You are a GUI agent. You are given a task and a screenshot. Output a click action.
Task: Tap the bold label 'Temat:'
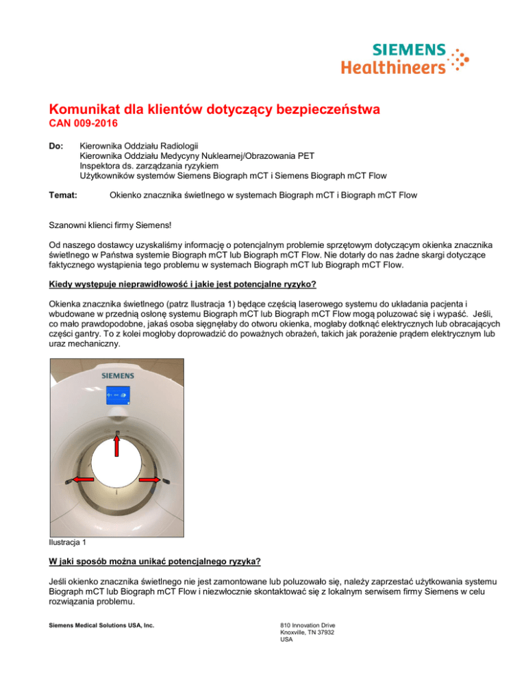pyautogui.click(x=63, y=195)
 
